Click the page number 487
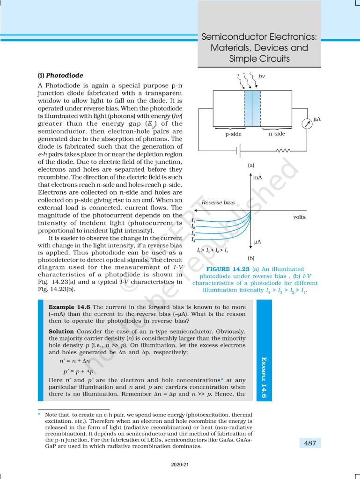pyautogui.click(x=310, y=443)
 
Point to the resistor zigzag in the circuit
pyautogui.click(x=284, y=151)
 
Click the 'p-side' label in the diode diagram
pyautogui.click(x=233, y=134)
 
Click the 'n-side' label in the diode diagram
pyautogui.click(x=277, y=134)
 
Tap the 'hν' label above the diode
pyautogui.click(x=262, y=75)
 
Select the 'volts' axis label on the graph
pyautogui.click(x=300, y=217)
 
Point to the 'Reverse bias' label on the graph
pyautogui.click(x=218, y=203)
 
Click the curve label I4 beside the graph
pyautogui.click(x=193, y=239)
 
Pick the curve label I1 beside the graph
pyautogui.click(x=193, y=220)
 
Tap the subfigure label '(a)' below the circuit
pyautogui.click(x=251, y=166)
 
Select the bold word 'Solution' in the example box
pyautogui.click(x=61, y=331)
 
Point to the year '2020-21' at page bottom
pyautogui.click(x=180, y=464)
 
